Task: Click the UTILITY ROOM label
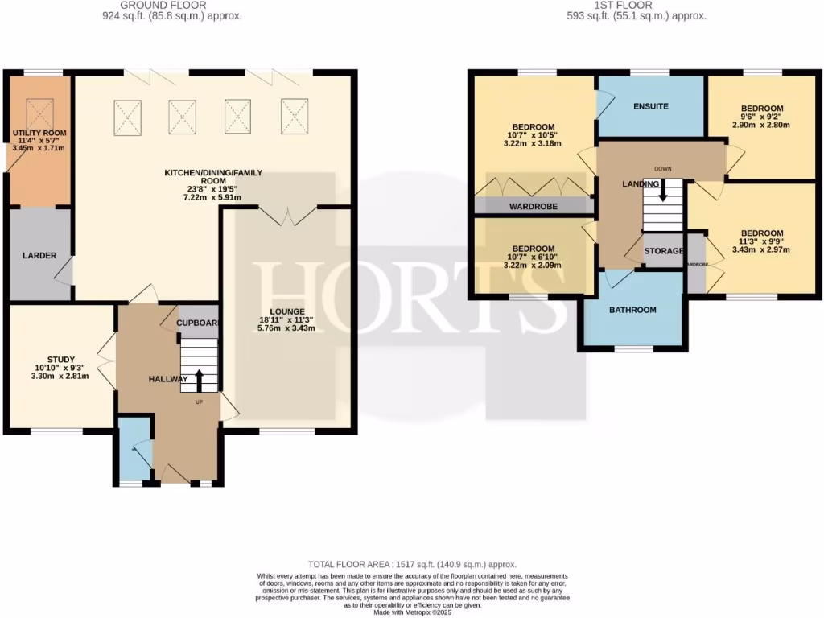39,133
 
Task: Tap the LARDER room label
39,256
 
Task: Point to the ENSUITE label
650,106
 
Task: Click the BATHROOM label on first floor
632,310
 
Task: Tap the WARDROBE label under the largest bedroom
533,206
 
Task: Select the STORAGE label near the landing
664,252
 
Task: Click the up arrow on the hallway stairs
198,381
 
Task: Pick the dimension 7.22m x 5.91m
213,197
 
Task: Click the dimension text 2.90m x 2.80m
761,125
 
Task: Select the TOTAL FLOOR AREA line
413,565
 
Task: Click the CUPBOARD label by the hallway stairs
197,323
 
